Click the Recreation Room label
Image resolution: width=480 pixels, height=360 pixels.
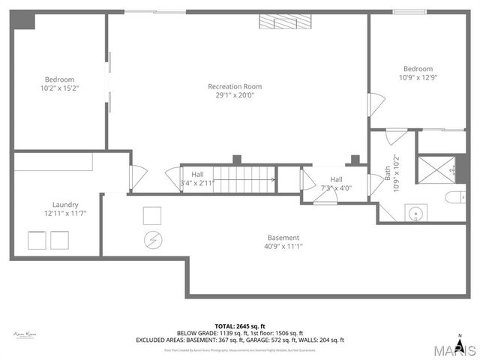click(x=235, y=86)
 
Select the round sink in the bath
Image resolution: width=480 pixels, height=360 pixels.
click(x=416, y=213)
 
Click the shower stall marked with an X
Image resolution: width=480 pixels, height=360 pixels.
click(x=436, y=169)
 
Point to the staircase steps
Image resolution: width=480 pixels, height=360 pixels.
click(x=244, y=180)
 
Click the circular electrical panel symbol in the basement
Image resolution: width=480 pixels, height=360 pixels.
click(x=153, y=240)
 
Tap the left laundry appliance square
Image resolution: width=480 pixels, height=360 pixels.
click(x=36, y=241)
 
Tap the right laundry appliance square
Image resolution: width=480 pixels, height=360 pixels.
click(x=59, y=241)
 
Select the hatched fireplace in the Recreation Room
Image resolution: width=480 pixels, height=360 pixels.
click(x=285, y=22)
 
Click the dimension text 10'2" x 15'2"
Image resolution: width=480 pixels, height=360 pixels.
click(x=59, y=88)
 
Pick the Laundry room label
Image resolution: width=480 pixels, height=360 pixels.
click(x=65, y=204)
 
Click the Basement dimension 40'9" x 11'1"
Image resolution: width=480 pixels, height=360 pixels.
click(x=283, y=246)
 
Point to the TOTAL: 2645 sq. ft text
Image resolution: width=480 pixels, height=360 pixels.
click(x=240, y=326)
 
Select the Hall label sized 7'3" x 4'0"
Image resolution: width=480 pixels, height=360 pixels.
click(x=336, y=179)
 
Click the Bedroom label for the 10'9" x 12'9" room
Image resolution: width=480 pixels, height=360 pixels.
click(x=418, y=68)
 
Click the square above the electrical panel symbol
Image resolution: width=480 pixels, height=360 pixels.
click(x=153, y=215)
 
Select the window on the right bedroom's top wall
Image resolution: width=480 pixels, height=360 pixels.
click(x=410, y=11)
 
